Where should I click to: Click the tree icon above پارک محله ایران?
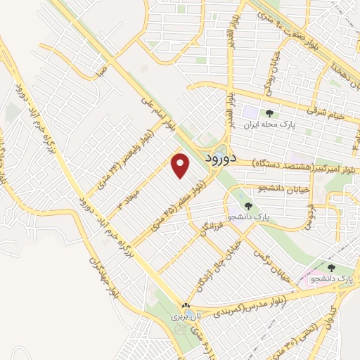pyautogui.click(x=269, y=113)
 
